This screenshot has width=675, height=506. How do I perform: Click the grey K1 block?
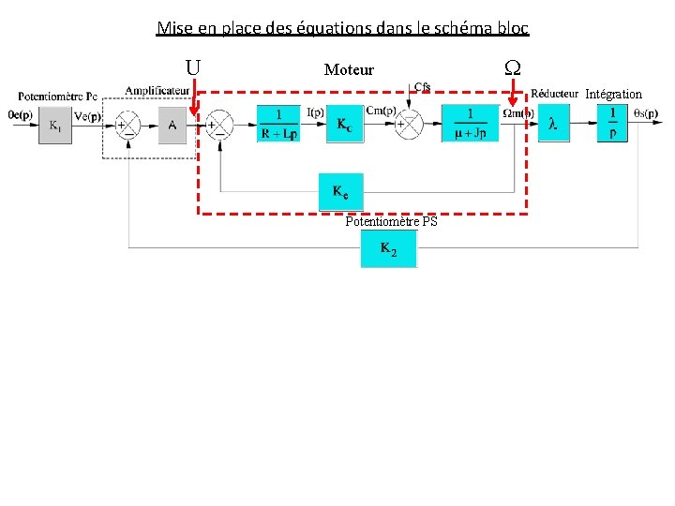(54, 126)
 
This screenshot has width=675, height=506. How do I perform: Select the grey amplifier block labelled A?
(172, 126)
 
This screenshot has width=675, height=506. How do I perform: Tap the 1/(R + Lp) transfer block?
(278, 123)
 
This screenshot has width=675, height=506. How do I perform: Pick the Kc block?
(344, 123)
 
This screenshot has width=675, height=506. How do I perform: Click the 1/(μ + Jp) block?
(470, 123)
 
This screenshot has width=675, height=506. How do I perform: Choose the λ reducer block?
(553, 123)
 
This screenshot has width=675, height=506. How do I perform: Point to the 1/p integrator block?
(612, 123)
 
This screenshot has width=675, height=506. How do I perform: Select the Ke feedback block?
(340, 192)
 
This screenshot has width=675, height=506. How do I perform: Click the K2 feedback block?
(388, 248)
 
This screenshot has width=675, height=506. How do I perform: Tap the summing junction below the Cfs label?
(409, 125)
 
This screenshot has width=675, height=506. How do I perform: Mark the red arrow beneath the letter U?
(194, 98)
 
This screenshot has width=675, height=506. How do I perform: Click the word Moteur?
(349, 69)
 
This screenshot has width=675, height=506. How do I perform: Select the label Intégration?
(613, 94)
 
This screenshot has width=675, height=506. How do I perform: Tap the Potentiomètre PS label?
(391, 222)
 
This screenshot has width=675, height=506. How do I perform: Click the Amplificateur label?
(157, 90)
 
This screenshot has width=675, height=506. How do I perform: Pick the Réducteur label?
(554, 93)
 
